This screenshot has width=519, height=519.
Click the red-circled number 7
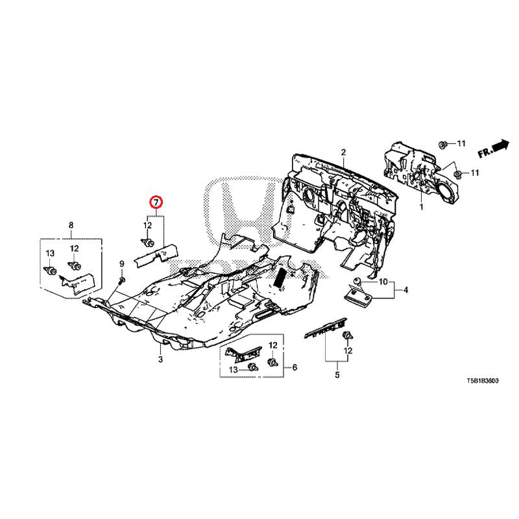click(x=156, y=202)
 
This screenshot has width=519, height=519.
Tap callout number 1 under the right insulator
click(x=421, y=208)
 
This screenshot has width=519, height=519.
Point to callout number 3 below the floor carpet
click(x=160, y=359)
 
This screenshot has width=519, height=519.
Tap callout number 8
click(x=71, y=225)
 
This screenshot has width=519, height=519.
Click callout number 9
click(x=121, y=263)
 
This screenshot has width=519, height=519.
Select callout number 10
click(x=383, y=282)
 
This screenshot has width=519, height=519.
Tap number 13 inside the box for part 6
click(x=232, y=368)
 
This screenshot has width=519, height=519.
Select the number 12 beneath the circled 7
click(x=147, y=225)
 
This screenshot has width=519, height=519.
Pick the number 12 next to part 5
click(x=348, y=350)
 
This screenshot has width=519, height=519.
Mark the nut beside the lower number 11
click(x=457, y=174)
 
